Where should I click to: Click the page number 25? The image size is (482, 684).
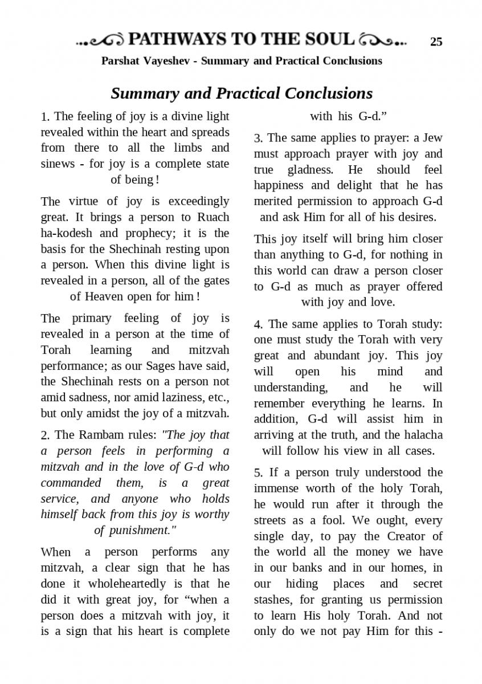point(436,41)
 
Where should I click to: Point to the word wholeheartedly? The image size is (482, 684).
point(117,584)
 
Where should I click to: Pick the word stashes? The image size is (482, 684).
point(273,600)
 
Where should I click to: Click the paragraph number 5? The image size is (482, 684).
point(258,473)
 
